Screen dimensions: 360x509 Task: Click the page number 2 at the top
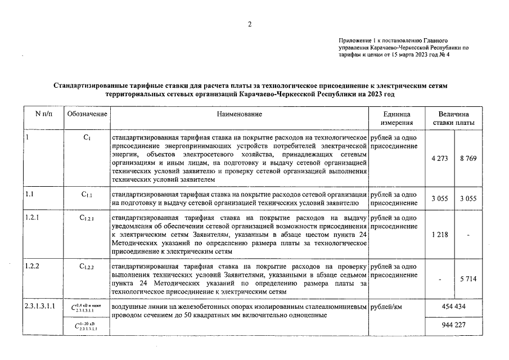(x=250, y=24)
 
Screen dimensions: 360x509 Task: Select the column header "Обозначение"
(x=87, y=114)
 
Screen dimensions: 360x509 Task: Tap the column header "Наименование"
(x=240, y=114)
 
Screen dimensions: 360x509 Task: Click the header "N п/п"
(x=43, y=114)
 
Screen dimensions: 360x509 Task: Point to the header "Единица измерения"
(x=397, y=118)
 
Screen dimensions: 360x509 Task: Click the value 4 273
(x=439, y=159)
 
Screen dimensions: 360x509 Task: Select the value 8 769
(x=467, y=159)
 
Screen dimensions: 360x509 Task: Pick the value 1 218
(x=439, y=235)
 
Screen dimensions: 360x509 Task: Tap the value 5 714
(x=467, y=279)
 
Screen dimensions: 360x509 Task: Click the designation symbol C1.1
(x=87, y=195)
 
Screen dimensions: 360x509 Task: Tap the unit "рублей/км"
(x=389, y=308)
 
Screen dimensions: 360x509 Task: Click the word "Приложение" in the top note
(x=355, y=41)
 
